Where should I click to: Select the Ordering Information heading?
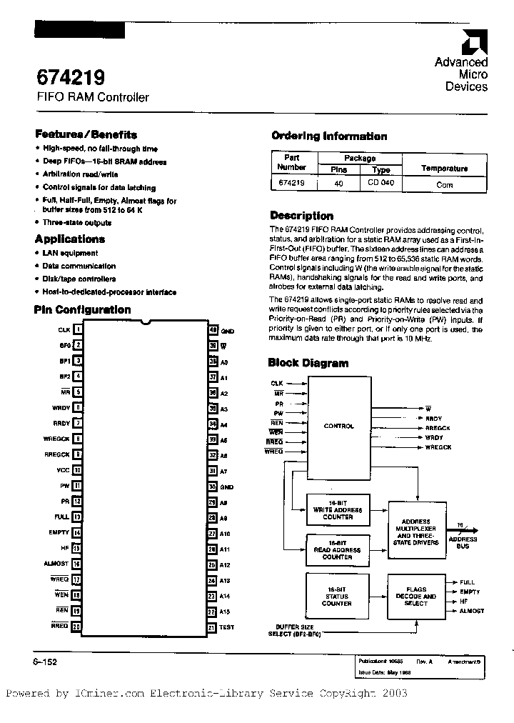pos(329,136)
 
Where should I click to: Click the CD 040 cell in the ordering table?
pos(381,184)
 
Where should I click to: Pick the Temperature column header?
pos(444,169)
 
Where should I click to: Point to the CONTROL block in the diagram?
pos(338,426)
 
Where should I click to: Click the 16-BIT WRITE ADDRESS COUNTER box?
pos(338,509)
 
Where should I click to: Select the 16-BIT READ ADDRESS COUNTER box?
pos(338,549)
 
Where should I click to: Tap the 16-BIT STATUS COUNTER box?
pos(336,596)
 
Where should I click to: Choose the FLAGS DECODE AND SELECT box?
pos(415,596)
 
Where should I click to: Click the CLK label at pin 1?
pos(64,330)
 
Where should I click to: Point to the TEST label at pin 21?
pos(226,627)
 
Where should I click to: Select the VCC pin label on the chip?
pos(63,471)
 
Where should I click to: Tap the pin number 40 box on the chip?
pos(213,330)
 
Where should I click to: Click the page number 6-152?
pos(45,662)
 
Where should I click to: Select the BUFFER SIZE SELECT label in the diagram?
pos(294,629)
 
